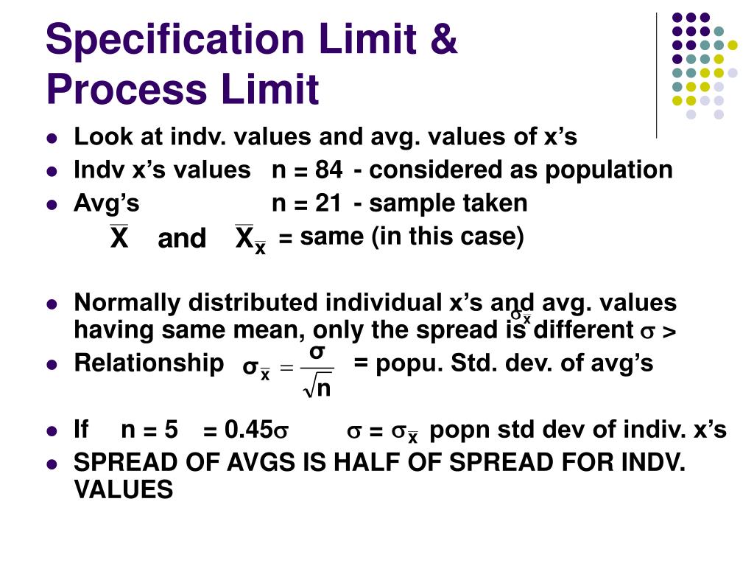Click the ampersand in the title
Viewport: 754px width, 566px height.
tap(443, 40)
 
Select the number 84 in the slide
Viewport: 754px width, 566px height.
tap(328, 170)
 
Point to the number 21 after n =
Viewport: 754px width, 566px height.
tap(328, 203)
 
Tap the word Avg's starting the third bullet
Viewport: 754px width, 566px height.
tap(106, 203)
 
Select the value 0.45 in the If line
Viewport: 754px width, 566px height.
tap(244, 430)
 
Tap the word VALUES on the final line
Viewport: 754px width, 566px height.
tap(123, 489)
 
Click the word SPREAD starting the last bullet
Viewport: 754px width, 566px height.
tap(122, 464)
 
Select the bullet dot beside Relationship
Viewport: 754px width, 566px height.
tap(52, 363)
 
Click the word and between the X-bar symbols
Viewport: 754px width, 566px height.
tap(182, 239)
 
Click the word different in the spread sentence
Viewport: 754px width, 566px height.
tap(582, 329)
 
